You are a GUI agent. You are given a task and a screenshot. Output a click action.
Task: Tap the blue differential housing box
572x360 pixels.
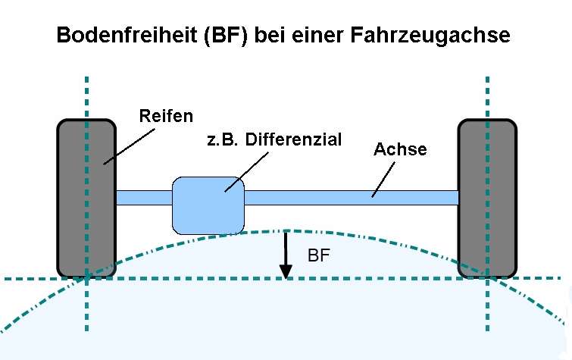point(208,205)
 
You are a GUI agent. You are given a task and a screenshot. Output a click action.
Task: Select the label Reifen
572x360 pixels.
point(167,116)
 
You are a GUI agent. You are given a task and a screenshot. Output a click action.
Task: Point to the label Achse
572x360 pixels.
point(400,149)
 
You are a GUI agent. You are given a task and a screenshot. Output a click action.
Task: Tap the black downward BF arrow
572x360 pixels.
point(286,254)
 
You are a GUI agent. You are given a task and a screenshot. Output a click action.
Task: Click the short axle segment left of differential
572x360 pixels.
point(144,197)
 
